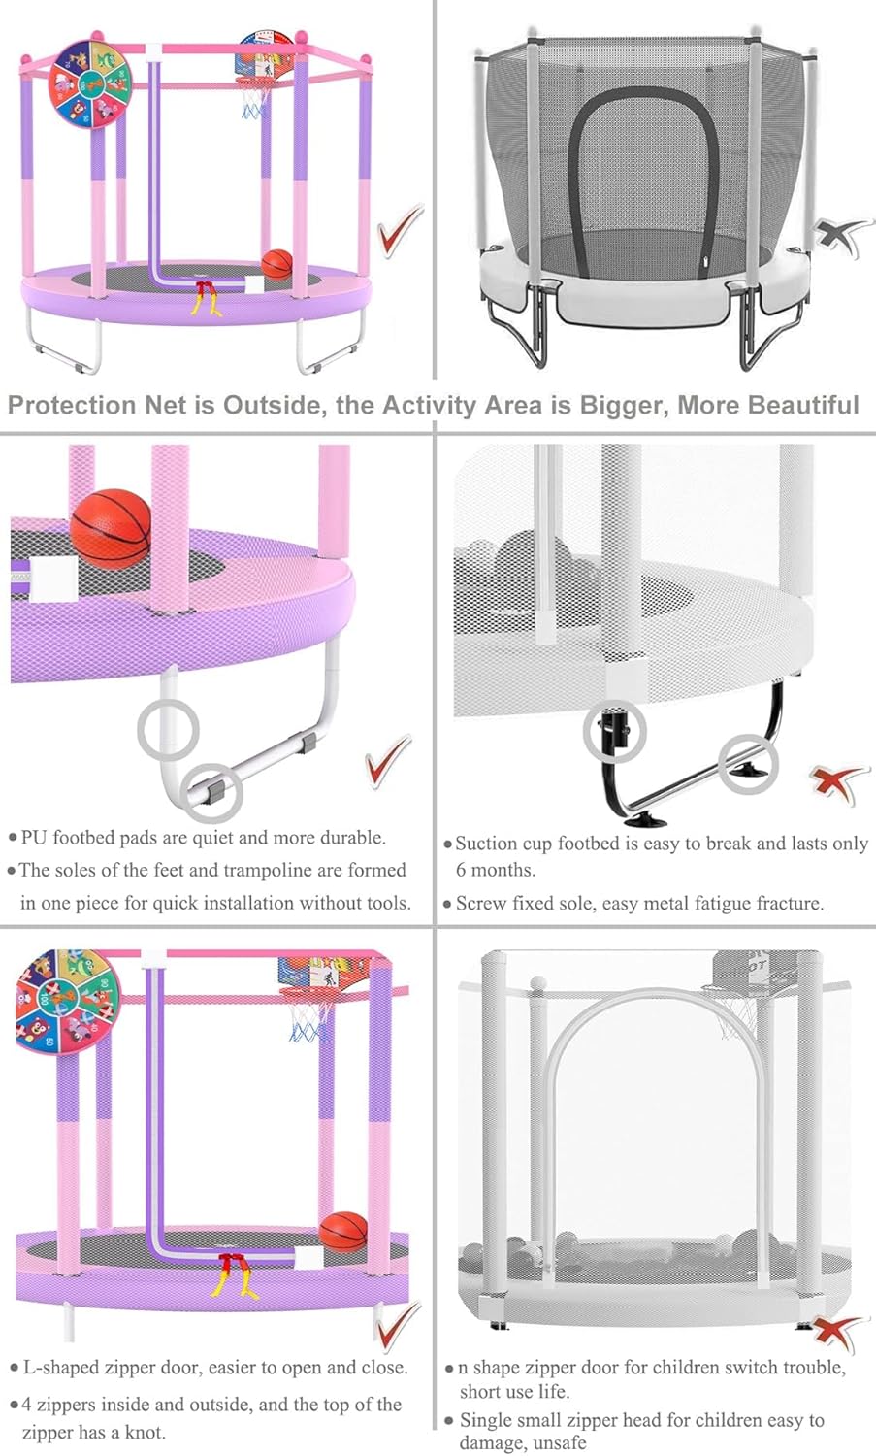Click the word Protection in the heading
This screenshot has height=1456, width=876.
pyautogui.click(x=72, y=405)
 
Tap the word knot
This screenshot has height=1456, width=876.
pyautogui.click(x=145, y=1433)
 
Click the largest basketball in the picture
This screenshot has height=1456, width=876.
pyautogui.click(x=111, y=528)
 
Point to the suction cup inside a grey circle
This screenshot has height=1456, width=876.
pyautogui.click(x=750, y=769)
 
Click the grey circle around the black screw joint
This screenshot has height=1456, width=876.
pyautogui.click(x=614, y=731)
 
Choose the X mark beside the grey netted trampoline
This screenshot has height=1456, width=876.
pyautogui.click(x=841, y=235)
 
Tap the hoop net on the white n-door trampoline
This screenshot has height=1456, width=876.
pyautogui.click(x=735, y=1013)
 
